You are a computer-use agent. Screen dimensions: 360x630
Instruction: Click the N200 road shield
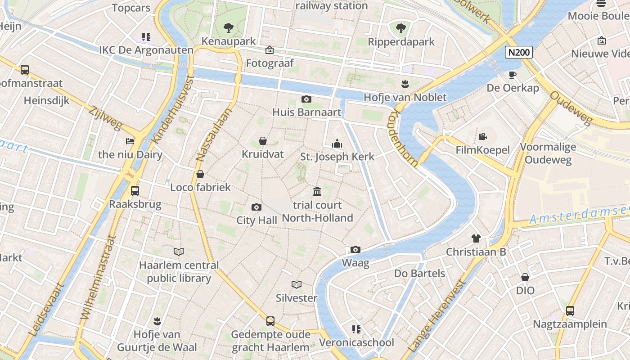(519, 52)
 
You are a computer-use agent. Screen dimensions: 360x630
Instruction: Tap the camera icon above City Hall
(256, 207)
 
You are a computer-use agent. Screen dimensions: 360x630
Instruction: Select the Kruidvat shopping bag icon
(263, 141)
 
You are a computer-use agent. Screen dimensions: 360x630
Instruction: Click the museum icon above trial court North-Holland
(317, 192)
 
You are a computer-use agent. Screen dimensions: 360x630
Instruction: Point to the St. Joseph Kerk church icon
(337, 144)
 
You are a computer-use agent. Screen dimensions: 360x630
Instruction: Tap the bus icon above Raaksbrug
(135, 190)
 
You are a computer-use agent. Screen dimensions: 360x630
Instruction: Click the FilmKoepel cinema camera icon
(483, 136)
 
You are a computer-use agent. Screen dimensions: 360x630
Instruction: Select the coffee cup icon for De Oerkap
(513, 74)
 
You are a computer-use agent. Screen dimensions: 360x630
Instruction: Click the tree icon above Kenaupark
(229, 28)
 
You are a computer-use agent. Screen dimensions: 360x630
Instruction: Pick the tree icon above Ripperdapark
(401, 28)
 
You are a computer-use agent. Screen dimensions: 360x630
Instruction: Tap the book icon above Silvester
(297, 284)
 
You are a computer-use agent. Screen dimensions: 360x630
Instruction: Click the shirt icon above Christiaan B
(476, 238)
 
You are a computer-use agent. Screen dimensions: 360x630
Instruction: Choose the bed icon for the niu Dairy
(130, 141)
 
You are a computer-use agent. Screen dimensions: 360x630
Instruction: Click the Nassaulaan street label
(214, 135)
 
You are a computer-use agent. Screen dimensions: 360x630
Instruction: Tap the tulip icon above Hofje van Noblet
(405, 84)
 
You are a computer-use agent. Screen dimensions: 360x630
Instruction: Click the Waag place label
(355, 263)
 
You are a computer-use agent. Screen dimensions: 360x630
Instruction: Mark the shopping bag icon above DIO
(525, 277)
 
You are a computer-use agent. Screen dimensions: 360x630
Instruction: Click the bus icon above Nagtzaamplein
(570, 310)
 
